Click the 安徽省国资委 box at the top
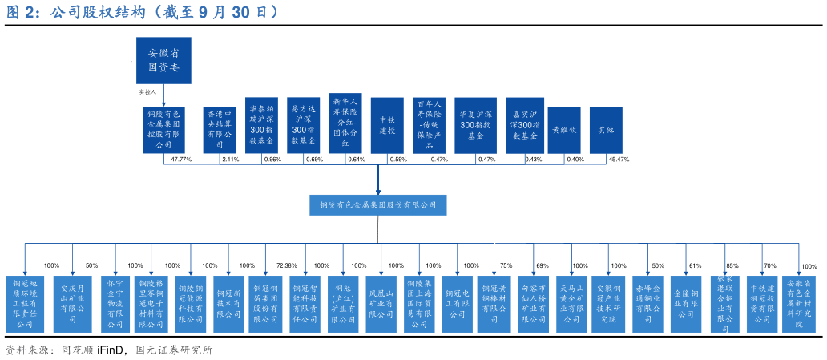163,60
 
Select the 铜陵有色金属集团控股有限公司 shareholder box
163,130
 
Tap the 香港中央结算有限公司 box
220,130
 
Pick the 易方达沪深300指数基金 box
304,125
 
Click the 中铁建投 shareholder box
387,125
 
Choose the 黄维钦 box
564,130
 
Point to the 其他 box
606,130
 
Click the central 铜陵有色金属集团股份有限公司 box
378,204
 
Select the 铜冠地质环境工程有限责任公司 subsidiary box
25,304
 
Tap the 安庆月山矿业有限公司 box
72,304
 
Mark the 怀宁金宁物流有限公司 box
115,304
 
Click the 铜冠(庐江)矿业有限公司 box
343,304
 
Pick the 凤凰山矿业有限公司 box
381,304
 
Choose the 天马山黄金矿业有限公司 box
571,304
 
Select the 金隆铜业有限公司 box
686,304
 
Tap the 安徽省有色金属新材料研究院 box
798,304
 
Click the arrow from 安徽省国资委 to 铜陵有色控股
163,95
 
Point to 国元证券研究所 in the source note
174,350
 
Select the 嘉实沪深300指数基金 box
525,125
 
